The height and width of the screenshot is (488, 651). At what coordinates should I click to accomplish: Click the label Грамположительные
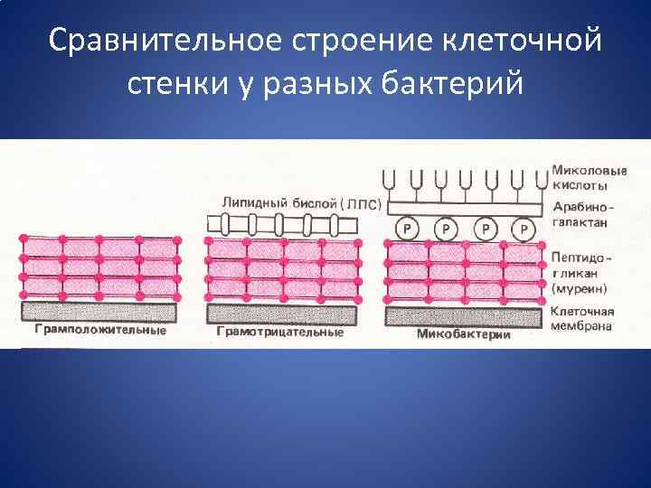click(100, 331)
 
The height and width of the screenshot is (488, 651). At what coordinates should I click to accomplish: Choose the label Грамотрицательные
click(280, 332)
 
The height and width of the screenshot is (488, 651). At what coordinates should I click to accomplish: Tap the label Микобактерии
click(464, 333)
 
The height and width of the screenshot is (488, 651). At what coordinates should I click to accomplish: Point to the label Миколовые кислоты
click(580, 176)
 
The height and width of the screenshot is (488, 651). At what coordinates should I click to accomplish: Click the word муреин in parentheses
click(579, 288)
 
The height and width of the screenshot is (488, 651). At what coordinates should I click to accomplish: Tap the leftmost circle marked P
click(408, 230)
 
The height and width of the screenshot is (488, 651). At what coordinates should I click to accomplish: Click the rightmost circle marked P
click(524, 230)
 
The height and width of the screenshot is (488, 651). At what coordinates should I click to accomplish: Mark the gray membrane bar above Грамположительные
click(99, 312)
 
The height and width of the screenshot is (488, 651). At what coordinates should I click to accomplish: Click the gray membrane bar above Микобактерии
click(463, 315)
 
